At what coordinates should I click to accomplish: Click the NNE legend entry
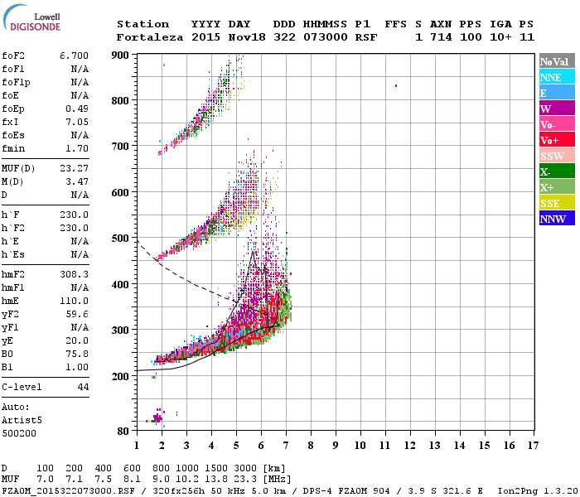point(558,77)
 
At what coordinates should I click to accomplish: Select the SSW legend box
point(558,156)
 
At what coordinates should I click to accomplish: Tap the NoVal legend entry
point(558,61)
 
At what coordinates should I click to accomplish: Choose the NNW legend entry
point(558,219)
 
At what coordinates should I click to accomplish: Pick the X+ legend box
point(558,187)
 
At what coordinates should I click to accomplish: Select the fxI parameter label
point(12,122)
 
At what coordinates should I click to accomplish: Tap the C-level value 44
point(83,387)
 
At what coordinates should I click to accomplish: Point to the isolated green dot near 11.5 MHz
point(396,85)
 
